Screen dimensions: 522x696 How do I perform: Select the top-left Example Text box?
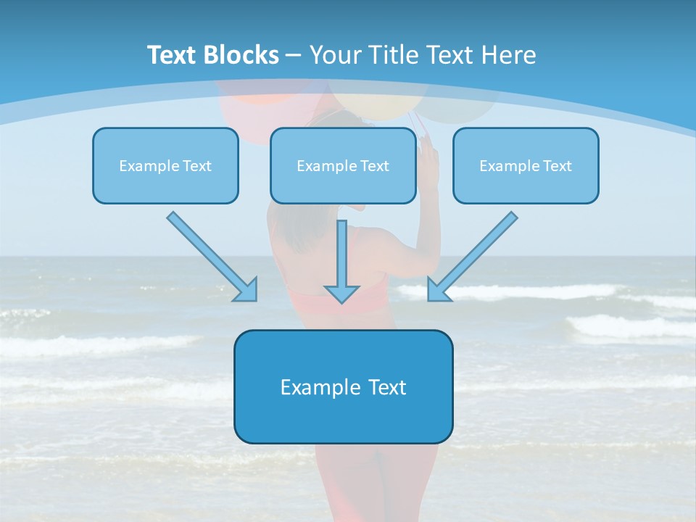point(165,165)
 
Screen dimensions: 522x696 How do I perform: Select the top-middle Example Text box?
point(343,165)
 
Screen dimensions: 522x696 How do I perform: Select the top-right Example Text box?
point(526,165)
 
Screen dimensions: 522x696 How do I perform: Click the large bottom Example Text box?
point(343,386)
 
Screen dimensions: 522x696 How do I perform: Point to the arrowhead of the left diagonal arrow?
point(247,291)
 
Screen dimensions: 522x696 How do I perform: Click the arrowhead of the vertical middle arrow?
point(341,294)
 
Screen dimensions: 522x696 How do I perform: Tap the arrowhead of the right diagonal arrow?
point(438,291)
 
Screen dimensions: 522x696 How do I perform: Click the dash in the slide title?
point(294,55)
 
